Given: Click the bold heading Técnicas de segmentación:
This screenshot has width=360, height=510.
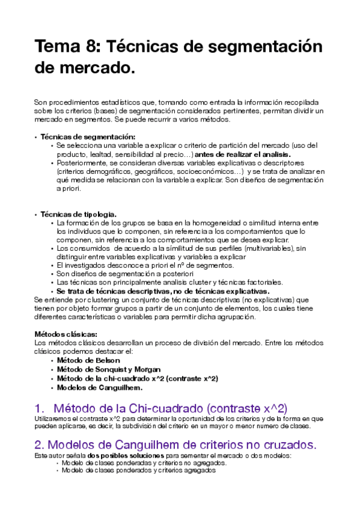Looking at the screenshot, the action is (x=87, y=137).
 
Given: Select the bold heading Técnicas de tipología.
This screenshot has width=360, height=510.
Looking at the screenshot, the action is (x=78, y=214).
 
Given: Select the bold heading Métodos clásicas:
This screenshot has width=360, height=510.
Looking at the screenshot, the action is (x=66, y=334).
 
